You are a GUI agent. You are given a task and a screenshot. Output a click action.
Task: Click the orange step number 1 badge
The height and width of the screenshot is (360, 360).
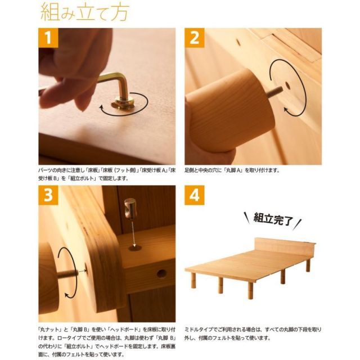tap(49, 38)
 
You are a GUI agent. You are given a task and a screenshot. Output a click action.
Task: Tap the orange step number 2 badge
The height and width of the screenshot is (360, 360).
tap(195, 38)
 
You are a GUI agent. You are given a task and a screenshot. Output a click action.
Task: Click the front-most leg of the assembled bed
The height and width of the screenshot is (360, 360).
tap(251, 290)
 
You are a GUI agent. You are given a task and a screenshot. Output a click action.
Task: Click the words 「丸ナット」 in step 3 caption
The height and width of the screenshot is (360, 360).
tap(53, 328)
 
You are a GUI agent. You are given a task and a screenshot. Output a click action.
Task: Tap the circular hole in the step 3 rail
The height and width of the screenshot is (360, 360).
tap(161, 273)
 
